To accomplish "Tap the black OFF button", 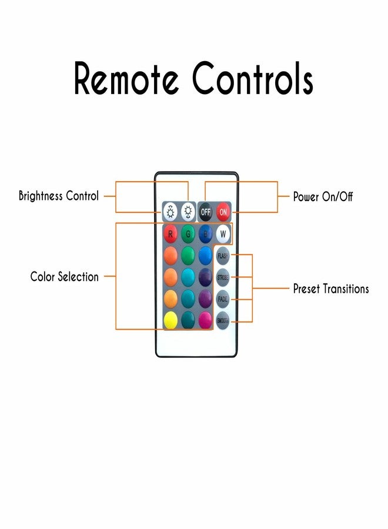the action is tap(205, 212).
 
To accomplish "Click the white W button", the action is tap(223, 233).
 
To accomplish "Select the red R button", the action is tap(170, 233).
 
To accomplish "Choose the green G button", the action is tap(188, 233).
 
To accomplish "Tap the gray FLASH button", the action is tap(223, 256).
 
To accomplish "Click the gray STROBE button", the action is tap(223, 277).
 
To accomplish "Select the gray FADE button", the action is tap(223, 299).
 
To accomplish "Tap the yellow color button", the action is tap(170, 320).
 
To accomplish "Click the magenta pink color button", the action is tap(205, 320).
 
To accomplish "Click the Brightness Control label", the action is tap(59, 196).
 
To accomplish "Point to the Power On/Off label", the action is tap(323, 196).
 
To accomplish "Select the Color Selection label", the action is tap(65, 277).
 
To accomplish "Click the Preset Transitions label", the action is tap(331, 289).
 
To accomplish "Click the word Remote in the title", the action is tap(126, 78).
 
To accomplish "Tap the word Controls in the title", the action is tap(253, 78).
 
